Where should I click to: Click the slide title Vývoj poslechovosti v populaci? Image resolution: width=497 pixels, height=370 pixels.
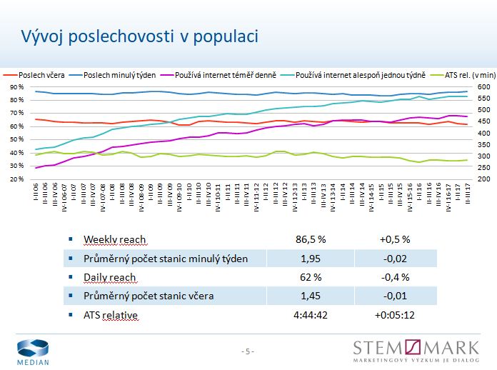[139, 36]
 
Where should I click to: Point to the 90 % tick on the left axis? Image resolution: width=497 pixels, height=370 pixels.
[16, 87]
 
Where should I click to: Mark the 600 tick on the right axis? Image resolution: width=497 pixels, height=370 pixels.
[483, 87]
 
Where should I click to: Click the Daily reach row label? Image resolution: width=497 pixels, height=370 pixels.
[109, 277]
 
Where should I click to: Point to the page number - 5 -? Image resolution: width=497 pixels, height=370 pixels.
[248, 351]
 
